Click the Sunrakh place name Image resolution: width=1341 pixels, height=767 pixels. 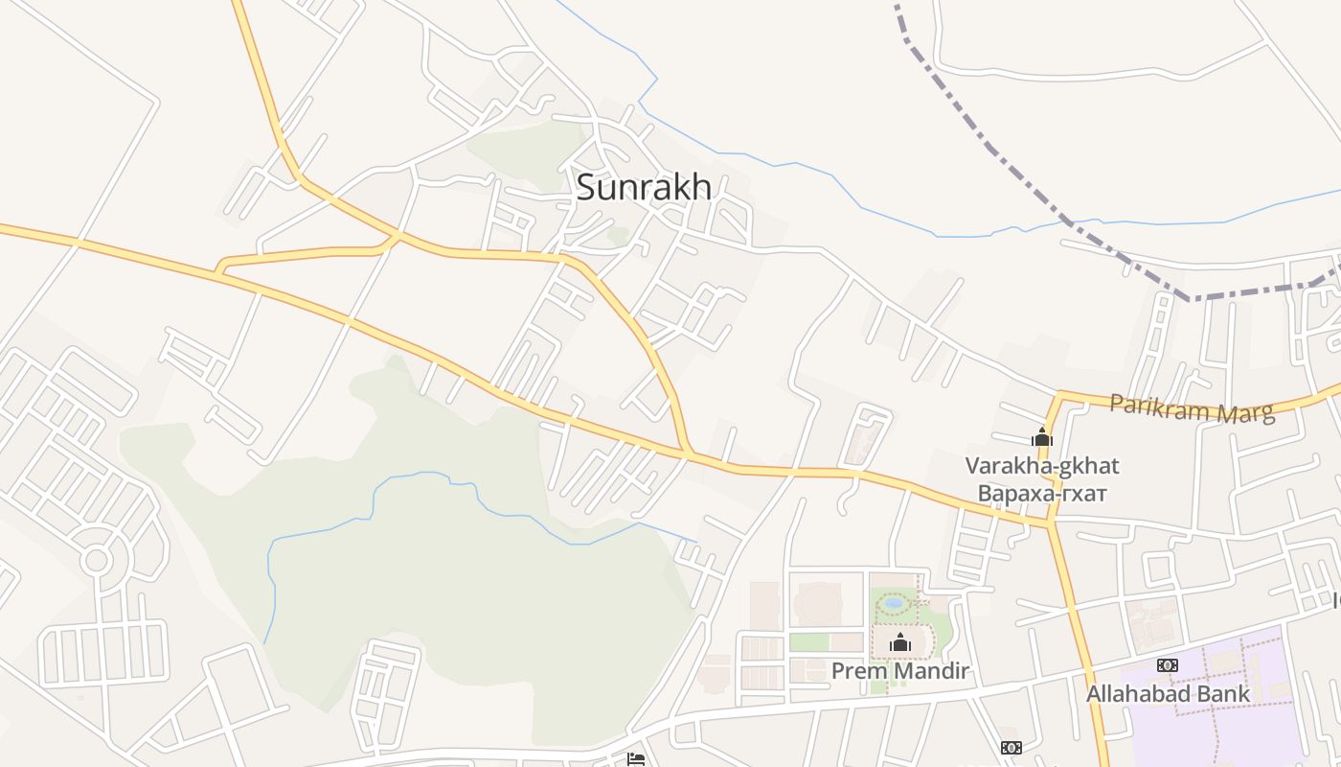pos(644,187)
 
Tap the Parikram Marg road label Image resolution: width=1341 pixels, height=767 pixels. pos(1193,408)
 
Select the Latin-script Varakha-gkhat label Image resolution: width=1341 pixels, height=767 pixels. pos(1042,467)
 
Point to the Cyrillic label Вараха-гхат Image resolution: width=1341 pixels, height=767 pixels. pos(1042,494)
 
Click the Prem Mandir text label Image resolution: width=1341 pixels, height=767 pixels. pos(900,671)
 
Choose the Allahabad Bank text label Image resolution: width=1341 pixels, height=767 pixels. pos(1168,693)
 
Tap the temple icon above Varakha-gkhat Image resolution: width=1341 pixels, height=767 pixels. pos(1042,438)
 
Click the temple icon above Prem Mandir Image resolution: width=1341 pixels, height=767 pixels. pos(899,642)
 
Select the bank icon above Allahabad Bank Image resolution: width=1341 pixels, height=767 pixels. pos(1167,665)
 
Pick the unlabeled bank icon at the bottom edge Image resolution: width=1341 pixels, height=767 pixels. pos(1011,748)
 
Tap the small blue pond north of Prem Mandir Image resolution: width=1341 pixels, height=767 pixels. pos(894,604)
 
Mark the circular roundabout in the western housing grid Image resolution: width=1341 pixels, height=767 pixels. pos(97,559)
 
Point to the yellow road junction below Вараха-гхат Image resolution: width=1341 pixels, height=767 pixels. pos(1052,523)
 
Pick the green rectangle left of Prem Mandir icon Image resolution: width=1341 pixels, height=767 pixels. pos(809,641)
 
